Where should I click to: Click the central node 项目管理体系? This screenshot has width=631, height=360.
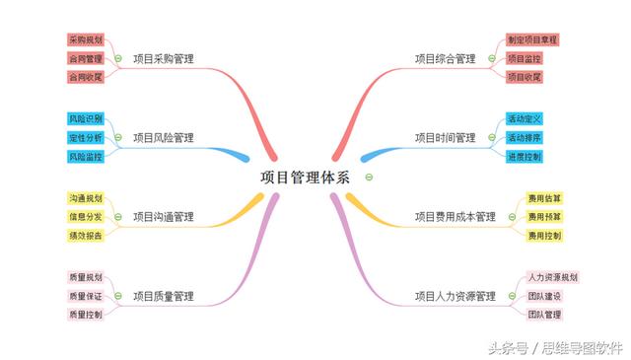coord(305,178)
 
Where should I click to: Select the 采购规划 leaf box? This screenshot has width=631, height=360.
coord(86,39)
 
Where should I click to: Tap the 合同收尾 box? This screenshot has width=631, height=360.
coord(86,77)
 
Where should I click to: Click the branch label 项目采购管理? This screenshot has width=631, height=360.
coord(164,58)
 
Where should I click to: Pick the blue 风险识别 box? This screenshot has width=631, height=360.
coord(86,118)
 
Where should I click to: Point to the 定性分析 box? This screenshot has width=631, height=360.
coord(86,137)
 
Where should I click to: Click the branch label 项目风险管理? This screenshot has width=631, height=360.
coord(164,137)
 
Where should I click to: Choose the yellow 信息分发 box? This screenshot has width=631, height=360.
coord(86,217)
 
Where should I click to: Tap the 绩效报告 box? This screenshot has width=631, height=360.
coord(86,236)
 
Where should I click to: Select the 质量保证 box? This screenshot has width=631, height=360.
coord(86,296)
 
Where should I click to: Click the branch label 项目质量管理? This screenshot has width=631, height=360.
coord(164,296)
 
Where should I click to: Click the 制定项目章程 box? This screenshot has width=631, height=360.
coord(532,39)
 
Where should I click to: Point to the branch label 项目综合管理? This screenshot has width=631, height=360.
coord(445,58)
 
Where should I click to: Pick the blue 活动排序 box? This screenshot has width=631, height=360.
coord(525,137)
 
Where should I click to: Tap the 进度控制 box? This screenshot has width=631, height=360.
coord(525,156)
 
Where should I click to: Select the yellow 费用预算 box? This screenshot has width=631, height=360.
coord(544,217)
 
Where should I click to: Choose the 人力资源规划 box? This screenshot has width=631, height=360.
coord(553,277)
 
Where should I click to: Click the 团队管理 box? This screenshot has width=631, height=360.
coord(544,315)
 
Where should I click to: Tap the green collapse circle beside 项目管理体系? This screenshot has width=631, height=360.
coord(368,178)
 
